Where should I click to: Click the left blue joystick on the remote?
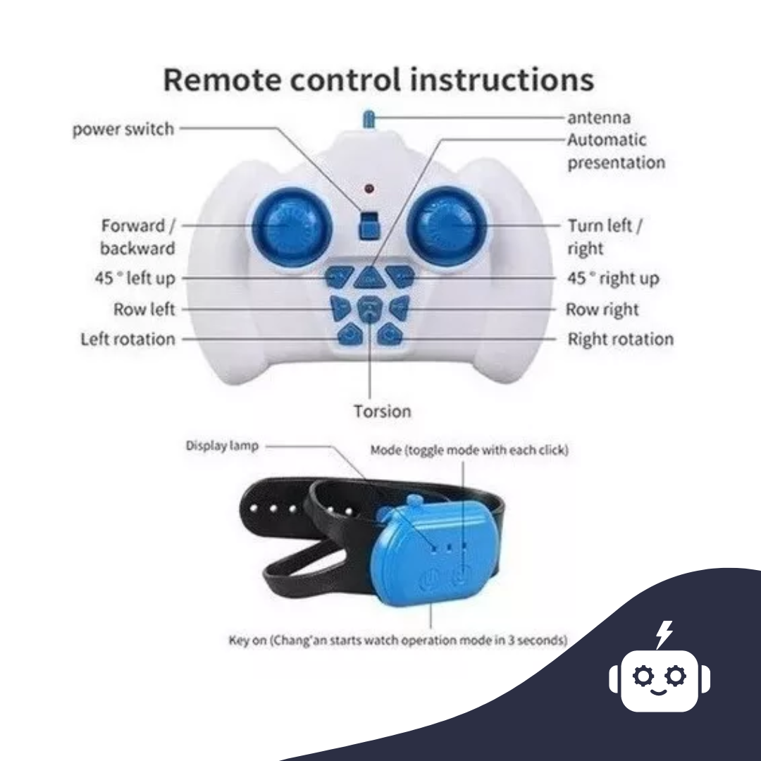point(292,227)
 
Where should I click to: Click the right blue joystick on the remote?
point(447,226)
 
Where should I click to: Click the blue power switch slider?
point(369,225)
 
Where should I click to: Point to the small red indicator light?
point(369,188)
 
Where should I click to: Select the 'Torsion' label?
point(382,412)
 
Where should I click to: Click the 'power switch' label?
point(123,129)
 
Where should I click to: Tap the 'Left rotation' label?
point(128,339)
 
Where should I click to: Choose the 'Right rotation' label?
point(621,339)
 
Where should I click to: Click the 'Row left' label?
point(144,309)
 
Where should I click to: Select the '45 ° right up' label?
point(613,278)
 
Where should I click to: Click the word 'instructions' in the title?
point(502,80)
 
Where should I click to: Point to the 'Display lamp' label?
point(222,446)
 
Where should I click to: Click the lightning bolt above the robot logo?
point(664,634)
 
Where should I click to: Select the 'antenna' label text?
point(599,118)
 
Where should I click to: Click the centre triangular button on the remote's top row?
point(369,278)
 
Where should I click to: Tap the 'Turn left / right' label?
point(605,237)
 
